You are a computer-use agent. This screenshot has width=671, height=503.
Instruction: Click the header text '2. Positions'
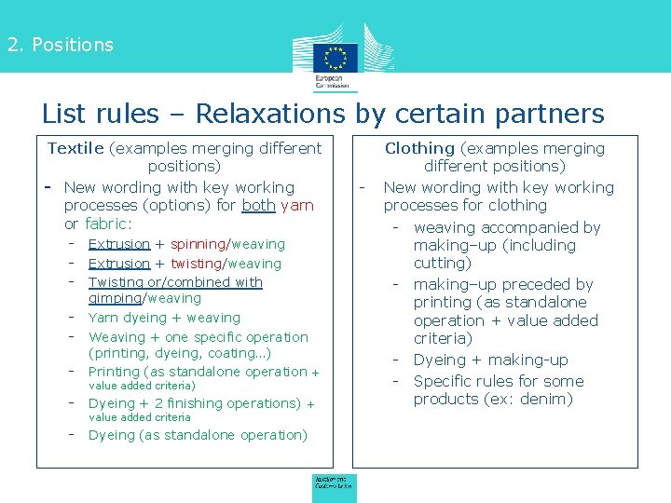61,45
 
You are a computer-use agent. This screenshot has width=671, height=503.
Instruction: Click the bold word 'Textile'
76,148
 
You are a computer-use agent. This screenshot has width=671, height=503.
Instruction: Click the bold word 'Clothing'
419,148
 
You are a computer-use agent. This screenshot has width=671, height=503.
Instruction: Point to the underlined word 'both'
258,205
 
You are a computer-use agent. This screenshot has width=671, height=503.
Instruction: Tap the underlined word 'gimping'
114,298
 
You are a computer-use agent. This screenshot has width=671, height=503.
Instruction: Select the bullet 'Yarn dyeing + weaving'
164,318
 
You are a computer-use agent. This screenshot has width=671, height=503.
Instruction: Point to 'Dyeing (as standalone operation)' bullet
198,435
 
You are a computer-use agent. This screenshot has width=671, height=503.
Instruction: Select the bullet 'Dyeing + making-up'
490,360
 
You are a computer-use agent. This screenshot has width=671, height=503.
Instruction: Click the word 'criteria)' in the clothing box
443,338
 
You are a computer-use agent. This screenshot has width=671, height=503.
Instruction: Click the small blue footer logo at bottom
333,483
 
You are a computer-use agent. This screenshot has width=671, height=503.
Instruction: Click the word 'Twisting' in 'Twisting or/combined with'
116,282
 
